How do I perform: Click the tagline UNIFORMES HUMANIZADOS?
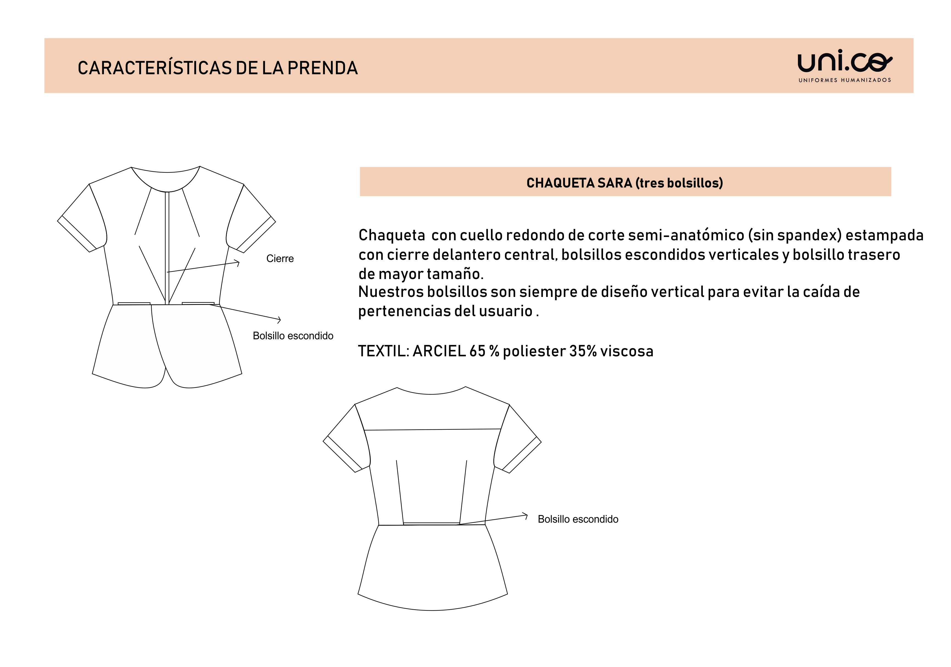(845, 80)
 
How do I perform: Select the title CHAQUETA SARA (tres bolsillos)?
(625, 183)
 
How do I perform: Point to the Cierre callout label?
(280, 258)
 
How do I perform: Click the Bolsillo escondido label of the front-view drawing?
(293, 336)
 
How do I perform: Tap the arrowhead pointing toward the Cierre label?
(238, 262)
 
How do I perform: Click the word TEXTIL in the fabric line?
(381, 351)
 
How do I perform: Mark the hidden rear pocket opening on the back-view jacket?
(431, 524)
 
